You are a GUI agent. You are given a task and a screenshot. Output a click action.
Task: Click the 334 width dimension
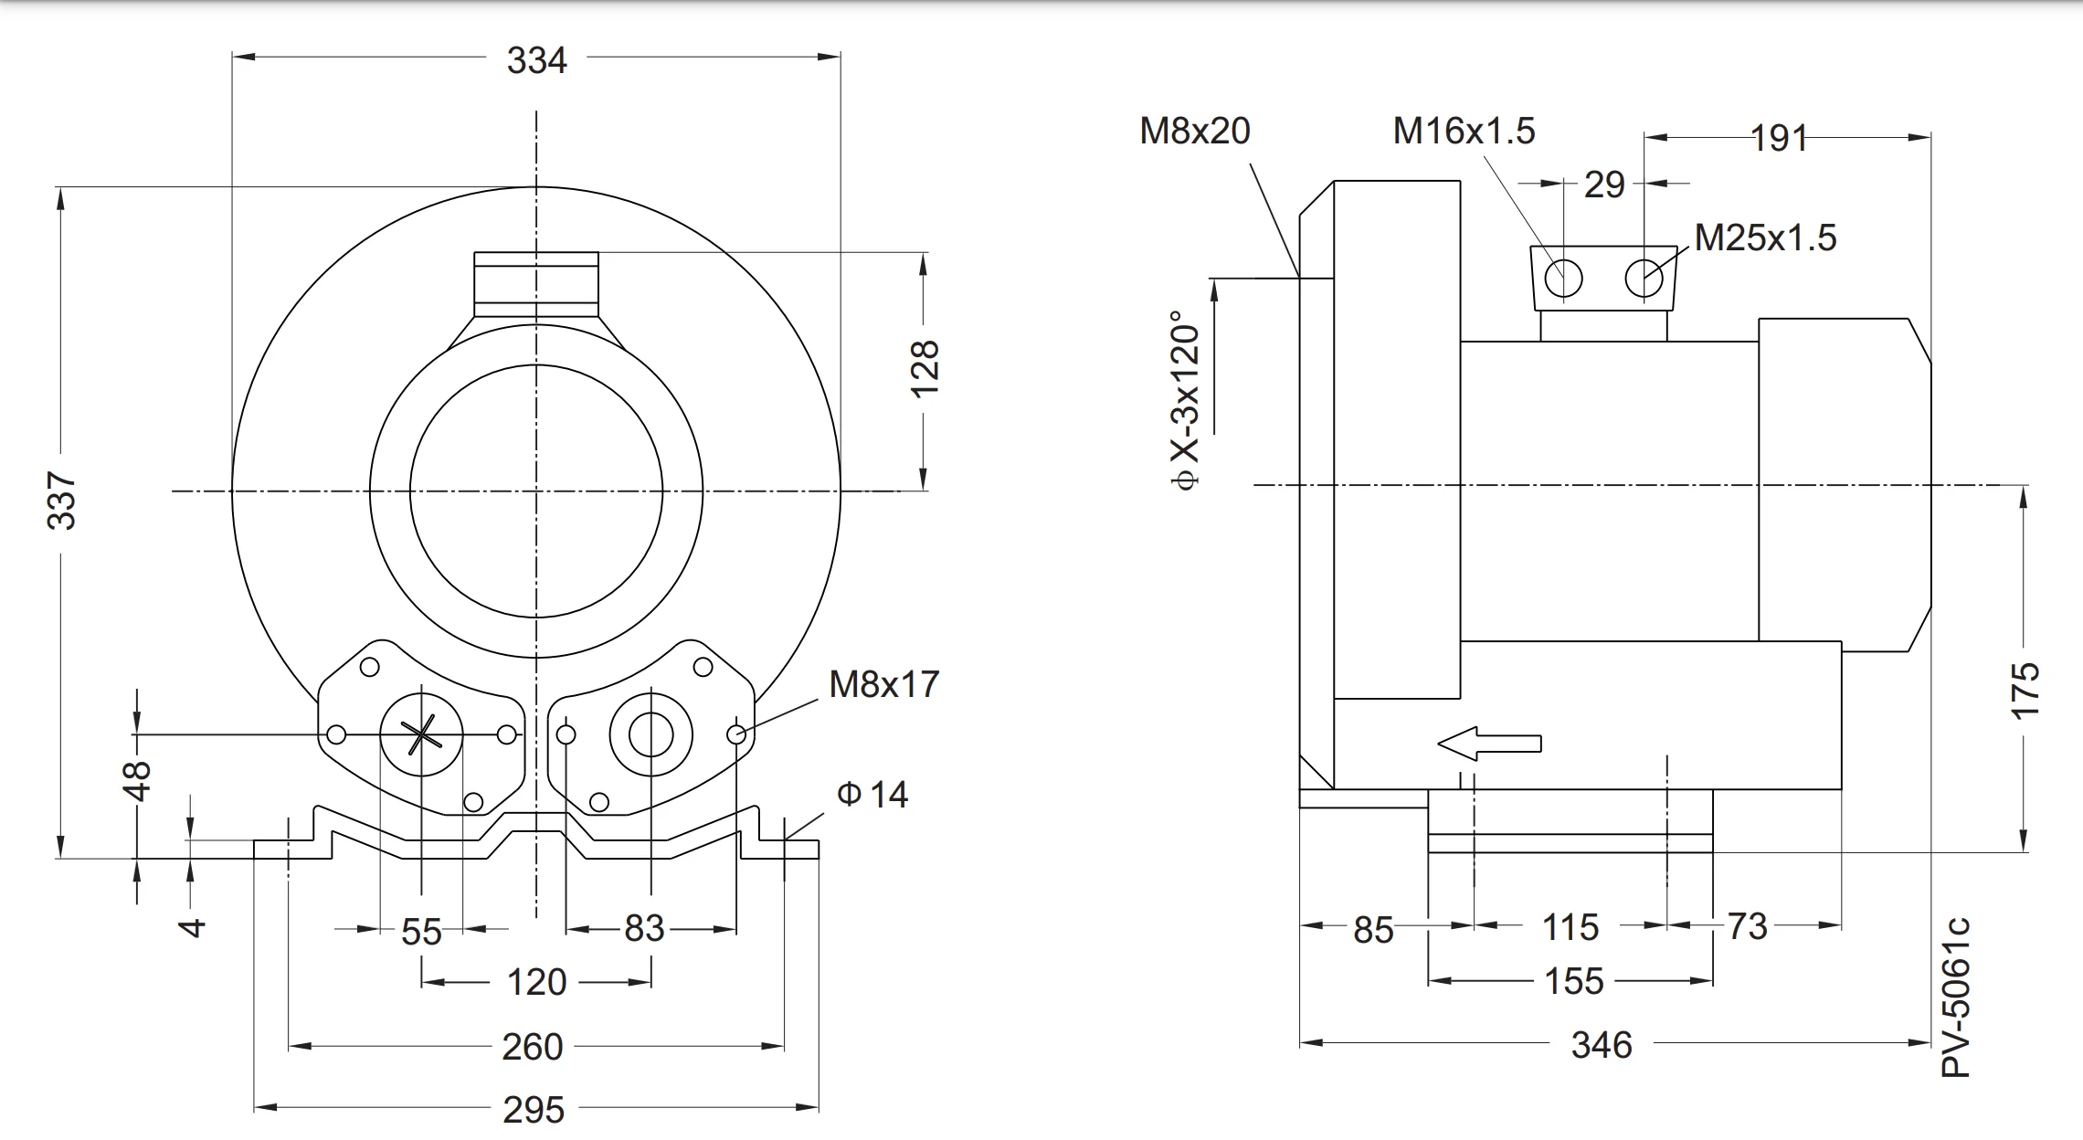[x=536, y=60]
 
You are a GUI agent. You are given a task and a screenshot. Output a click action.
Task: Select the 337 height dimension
[x=62, y=501]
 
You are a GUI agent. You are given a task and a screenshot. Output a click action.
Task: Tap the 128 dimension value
[x=925, y=368]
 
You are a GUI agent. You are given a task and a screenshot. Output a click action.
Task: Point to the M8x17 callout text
[x=883, y=684]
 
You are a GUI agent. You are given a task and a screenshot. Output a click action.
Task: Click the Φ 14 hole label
[x=872, y=795]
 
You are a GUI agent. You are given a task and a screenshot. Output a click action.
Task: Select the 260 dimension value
[x=533, y=1047]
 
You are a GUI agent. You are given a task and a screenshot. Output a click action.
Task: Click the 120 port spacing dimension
[x=536, y=983]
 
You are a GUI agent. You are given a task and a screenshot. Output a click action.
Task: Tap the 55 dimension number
[x=421, y=933]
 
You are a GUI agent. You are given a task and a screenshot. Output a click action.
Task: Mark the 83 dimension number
[x=644, y=929]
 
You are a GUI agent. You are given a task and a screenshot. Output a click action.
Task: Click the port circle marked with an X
[x=421, y=734]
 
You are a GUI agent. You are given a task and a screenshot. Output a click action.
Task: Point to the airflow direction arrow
[x=1489, y=744]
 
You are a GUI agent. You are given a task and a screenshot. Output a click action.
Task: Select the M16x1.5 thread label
[x=1464, y=132]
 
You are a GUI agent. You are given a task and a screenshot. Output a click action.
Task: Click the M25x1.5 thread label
[x=1765, y=238]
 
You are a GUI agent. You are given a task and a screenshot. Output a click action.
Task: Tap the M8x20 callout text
[x=1194, y=132]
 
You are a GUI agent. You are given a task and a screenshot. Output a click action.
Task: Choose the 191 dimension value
[x=1779, y=139]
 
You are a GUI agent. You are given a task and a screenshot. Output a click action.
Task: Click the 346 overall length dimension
[x=1601, y=1045]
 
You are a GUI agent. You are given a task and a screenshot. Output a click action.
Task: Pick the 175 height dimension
[x=2025, y=691]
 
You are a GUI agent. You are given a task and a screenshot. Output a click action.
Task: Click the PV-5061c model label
[x=1956, y=998]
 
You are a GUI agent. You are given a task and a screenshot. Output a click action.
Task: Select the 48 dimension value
[x=138, y=781]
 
